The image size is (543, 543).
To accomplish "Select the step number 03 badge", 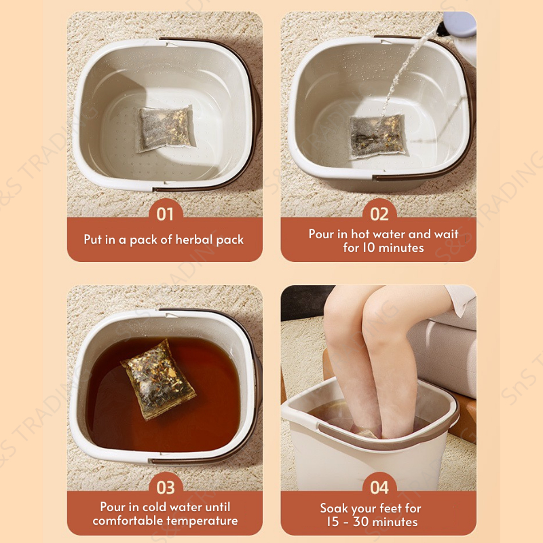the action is pyautogui.click(x=166, y=487).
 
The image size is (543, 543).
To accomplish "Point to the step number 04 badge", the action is pyautogui.click(x=379, y=487).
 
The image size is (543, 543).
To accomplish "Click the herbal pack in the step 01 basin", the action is pyautogui.click(x=166, y=128).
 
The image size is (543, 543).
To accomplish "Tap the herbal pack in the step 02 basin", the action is pyautogui.click(x=377, y=137).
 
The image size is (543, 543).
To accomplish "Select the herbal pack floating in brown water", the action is pyautogui.click(x=158, y=379).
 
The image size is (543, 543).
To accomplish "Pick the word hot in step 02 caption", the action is pyautogui.click(x=360, y=234).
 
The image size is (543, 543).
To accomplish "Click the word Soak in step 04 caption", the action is pyautogui.click(x=334, y=508).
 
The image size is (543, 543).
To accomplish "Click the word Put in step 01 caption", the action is pyautogui.click(x=93, y=240).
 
